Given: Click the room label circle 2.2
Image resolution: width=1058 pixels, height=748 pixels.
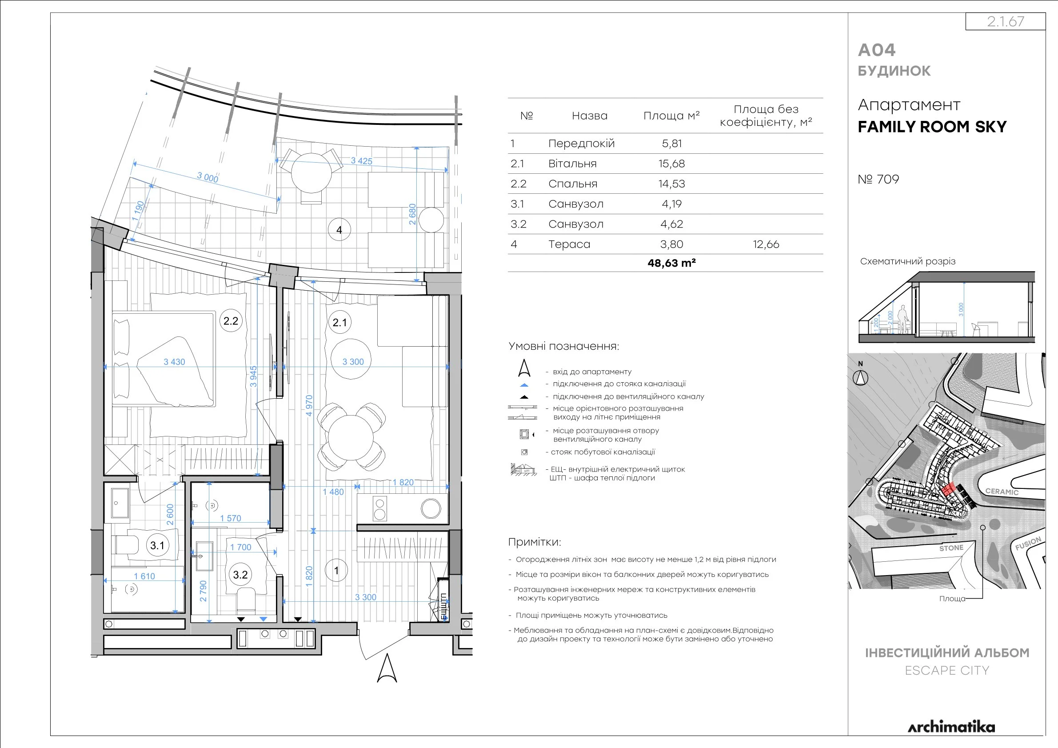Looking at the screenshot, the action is click(231, 321).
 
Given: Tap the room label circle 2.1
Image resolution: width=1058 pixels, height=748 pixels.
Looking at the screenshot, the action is click(340, 323).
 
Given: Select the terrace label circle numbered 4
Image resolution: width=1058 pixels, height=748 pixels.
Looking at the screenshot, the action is click(339, 229).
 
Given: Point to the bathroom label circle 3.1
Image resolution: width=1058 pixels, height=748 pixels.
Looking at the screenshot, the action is click(158, 545).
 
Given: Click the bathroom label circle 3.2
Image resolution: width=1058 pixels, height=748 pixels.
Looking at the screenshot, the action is click(240, 574).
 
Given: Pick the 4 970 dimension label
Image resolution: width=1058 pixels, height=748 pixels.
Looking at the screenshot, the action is click(309, 406).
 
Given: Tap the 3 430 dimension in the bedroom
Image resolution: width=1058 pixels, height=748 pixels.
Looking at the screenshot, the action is click(174, 362).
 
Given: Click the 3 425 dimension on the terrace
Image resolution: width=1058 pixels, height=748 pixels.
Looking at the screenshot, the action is click(361, 161).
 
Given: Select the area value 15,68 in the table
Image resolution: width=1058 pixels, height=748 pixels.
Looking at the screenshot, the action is click(671, 164).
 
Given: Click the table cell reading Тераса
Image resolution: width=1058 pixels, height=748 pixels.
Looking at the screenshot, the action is click(569, 244).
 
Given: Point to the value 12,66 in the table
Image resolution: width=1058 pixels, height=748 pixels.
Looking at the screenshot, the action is click(766, 244).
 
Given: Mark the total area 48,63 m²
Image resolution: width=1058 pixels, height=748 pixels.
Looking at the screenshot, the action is click(671, 263).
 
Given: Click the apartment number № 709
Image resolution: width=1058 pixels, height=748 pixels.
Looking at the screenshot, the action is click(878, 179).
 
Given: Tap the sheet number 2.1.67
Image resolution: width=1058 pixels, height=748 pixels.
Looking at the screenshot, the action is click(1006, 22).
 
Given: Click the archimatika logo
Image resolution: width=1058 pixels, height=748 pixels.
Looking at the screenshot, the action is click(951, 727).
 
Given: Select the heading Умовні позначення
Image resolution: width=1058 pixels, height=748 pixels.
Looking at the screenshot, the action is click(563, 346).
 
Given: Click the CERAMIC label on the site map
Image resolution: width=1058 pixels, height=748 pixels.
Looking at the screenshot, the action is click(1002, 491).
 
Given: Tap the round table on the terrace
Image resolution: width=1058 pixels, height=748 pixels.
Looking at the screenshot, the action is click(311, 173).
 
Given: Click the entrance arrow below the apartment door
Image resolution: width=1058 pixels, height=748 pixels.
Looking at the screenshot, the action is click(387, 668).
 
